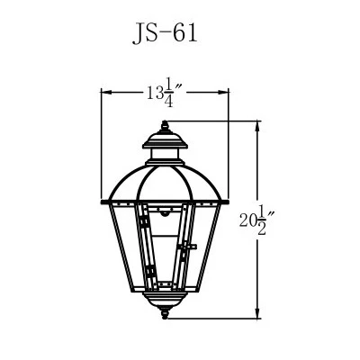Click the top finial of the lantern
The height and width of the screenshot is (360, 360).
(x=166, y=127)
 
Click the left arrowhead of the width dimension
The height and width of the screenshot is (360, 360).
(x=103, y=91)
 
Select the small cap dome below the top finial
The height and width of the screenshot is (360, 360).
(x=166, y=139)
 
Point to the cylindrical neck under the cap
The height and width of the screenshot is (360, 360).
(x=166, y=155)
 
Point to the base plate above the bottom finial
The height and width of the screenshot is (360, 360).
(x=166, y=305)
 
